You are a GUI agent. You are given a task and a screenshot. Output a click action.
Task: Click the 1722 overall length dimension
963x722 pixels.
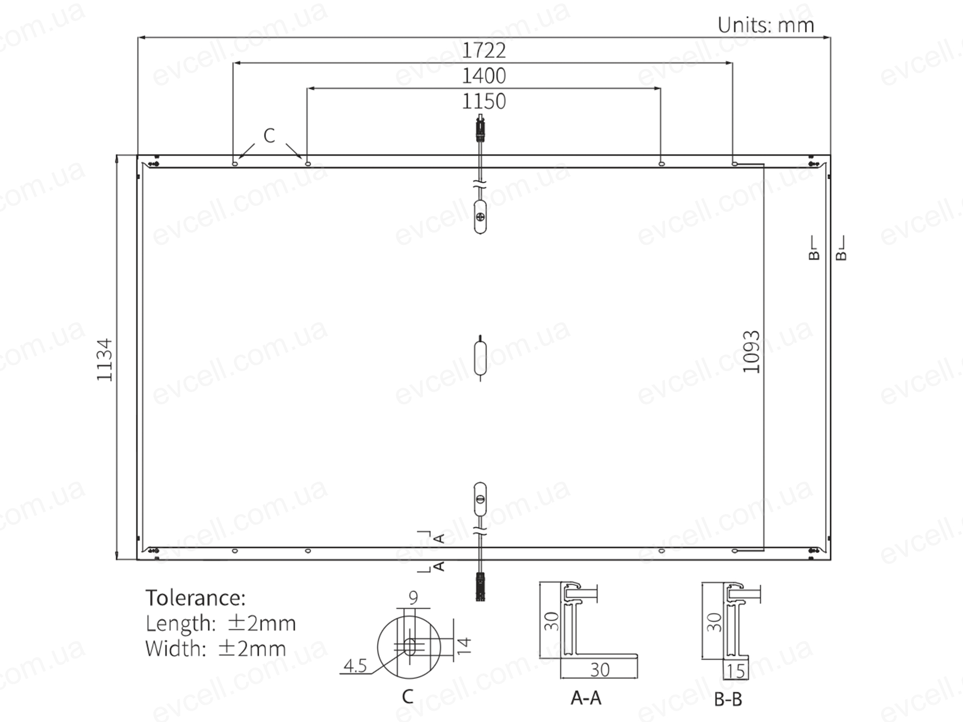[484, 50]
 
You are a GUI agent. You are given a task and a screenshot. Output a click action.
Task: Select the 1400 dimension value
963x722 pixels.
[484, 76]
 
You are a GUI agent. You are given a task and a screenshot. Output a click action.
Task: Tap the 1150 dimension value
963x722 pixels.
[484, 101]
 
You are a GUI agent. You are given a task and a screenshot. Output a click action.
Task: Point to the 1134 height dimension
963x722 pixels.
[105, 359]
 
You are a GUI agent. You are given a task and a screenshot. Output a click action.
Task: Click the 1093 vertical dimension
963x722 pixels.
[751, 351]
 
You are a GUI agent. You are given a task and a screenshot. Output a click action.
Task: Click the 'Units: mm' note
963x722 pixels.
[766, 25]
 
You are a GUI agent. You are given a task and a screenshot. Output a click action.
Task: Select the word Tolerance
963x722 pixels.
[195, 597]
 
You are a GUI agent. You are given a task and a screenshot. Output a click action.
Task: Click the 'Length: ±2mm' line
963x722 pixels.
[220, 623]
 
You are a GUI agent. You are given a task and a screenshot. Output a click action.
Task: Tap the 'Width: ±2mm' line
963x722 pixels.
[215, 648]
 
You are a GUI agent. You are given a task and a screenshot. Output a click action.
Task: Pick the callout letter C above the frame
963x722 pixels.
[269, 136]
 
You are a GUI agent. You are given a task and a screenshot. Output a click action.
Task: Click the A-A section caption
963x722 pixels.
[586, 698]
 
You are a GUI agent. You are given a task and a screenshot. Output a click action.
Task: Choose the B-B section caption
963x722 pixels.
[728, 699]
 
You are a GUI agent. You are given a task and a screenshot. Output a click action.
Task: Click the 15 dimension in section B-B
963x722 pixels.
[736, 671]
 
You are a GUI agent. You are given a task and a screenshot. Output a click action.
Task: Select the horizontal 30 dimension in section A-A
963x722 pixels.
[600, 670]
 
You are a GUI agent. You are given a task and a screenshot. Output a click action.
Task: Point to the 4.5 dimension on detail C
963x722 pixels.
[355, 666]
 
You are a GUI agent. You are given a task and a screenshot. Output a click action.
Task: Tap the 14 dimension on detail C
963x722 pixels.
[464, 646]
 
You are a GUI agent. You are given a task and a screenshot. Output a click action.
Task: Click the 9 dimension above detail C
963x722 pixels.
[413, 597]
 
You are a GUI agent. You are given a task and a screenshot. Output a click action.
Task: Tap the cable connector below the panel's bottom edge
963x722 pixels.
[480, 587]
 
